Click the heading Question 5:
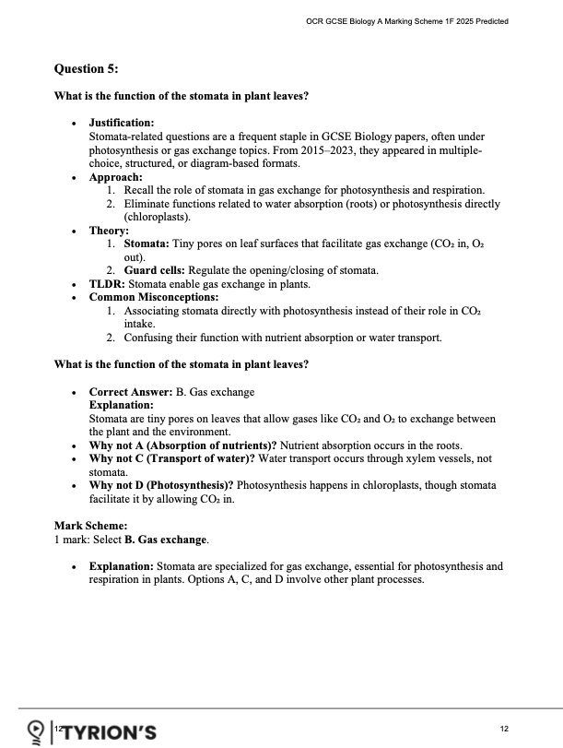click(x=87, y=68)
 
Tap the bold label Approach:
click(x=115, y=176)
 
